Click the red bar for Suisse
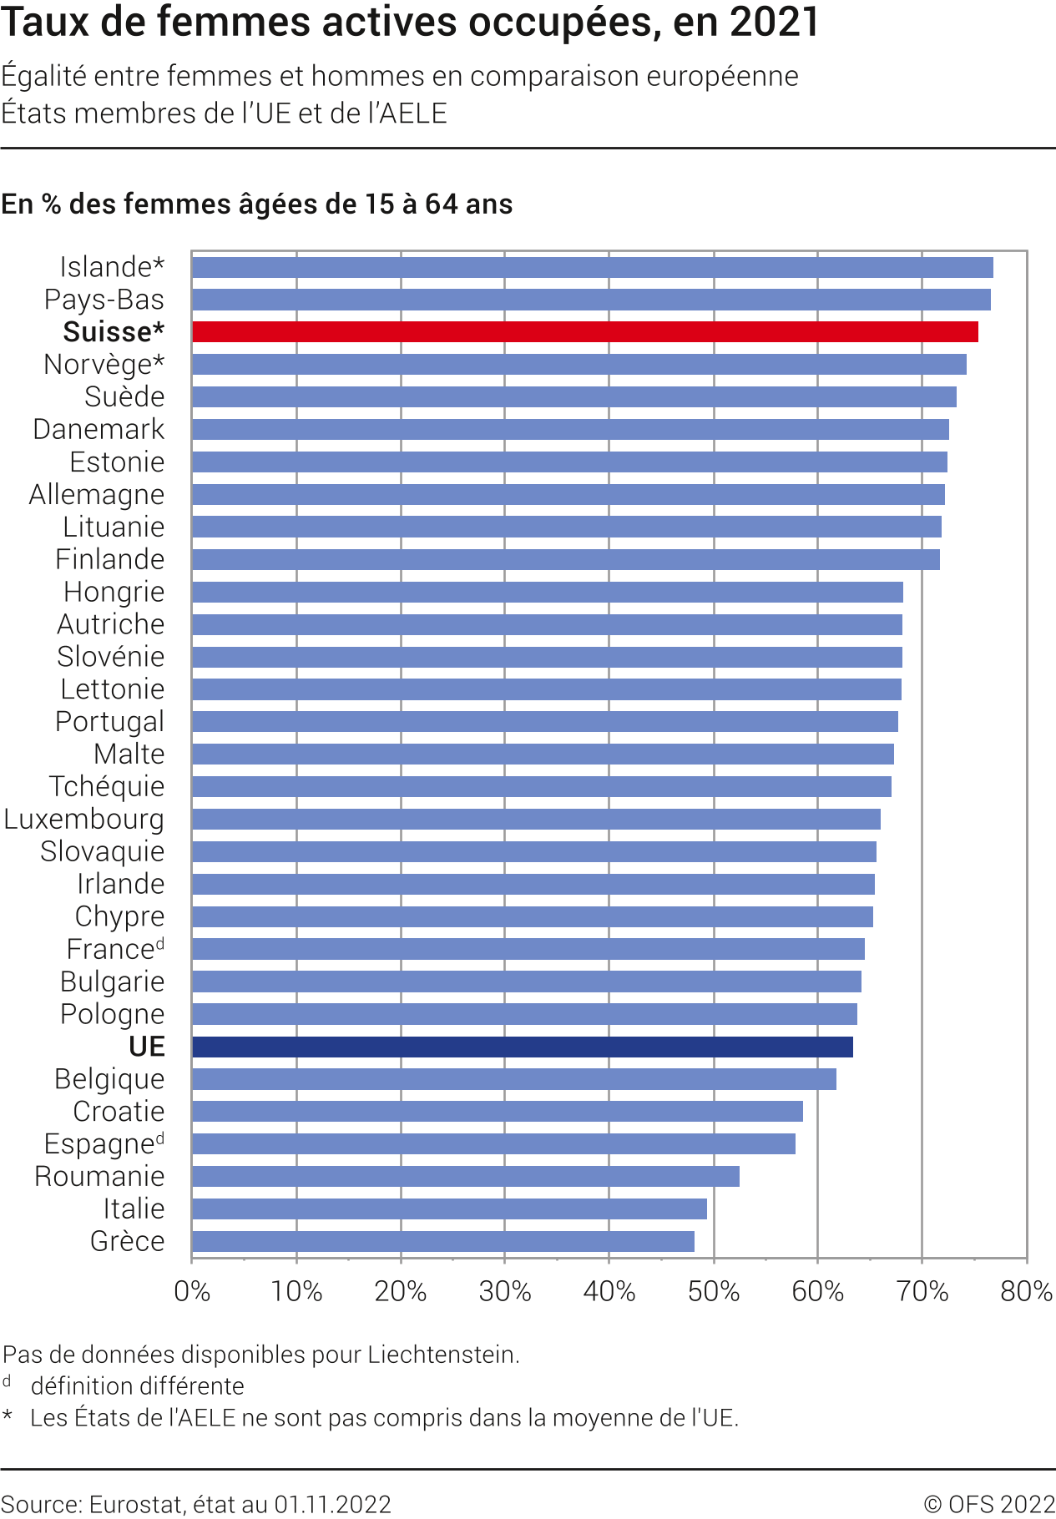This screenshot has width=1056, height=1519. pos(584,331)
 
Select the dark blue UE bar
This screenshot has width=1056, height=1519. pos(522,1047)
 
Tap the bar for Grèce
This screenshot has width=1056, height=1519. pos(442,1241)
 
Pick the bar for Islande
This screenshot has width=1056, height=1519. pos(592,267)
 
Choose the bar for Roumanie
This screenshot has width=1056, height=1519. pos(465,1176)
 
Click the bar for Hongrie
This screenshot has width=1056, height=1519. pos(547,592)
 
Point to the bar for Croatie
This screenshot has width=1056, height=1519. pos(497,1111)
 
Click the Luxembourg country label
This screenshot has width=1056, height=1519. pos(84,820)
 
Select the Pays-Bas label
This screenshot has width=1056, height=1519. pos(104,300)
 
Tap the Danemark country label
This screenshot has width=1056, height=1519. pos(99,429)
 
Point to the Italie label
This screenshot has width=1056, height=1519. pos(134,1209)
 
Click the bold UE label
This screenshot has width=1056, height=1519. pos(147,1047)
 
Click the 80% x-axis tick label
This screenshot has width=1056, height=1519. pos(1026,1291)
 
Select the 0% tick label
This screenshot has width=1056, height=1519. pos(192,1291)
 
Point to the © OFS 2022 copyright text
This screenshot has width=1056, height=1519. pos(989,1504)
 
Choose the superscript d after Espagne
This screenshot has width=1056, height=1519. pos(160,1138)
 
